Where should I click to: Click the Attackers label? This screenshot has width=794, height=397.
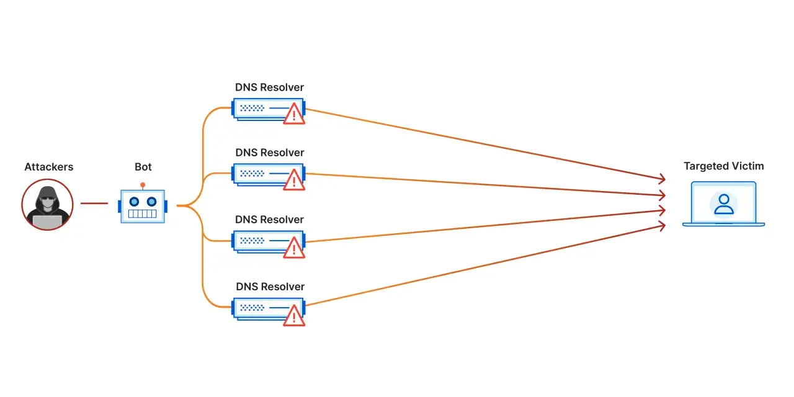[49, 167]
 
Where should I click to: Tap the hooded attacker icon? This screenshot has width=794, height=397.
[48, 205]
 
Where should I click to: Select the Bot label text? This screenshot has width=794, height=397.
[143, 167]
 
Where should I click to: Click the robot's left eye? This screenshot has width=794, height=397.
[134, 202]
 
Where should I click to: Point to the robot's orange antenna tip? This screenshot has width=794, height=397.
[143, 185]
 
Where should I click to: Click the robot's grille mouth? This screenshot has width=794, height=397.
[142, 214]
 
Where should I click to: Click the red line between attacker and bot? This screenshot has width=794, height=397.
[94, 203]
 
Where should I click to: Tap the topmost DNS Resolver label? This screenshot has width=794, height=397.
[269, 87]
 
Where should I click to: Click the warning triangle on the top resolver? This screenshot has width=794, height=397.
[294, 114]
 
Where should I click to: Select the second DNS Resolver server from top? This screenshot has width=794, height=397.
[269, 175]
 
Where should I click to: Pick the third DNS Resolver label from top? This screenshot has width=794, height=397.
[269, 220]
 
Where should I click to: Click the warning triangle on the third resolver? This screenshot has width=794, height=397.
[294, 248]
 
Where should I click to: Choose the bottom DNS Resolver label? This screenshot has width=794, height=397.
[270, 287]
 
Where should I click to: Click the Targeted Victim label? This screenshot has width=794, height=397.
[724, 166]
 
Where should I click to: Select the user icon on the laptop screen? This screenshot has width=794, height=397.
[724, 204]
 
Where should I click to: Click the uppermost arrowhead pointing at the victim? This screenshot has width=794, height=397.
[661, 179]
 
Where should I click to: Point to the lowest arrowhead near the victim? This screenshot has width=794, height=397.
[661, 226]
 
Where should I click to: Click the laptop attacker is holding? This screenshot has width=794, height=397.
[48, 222]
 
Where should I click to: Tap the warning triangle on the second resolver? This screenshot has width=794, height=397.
[294, 180]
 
